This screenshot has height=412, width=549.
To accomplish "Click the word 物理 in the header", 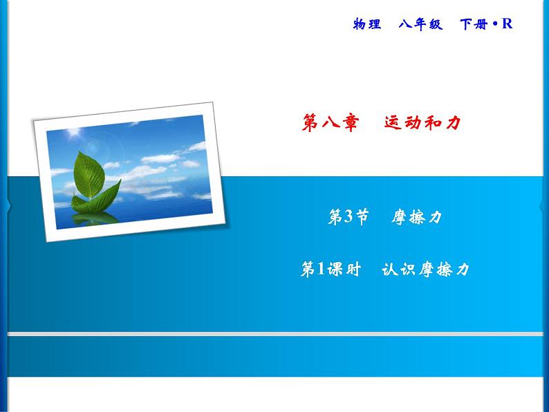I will (366, 24).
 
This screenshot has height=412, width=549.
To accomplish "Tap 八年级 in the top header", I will (422, 24).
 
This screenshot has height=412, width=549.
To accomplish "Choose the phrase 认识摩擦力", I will (425, 270).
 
